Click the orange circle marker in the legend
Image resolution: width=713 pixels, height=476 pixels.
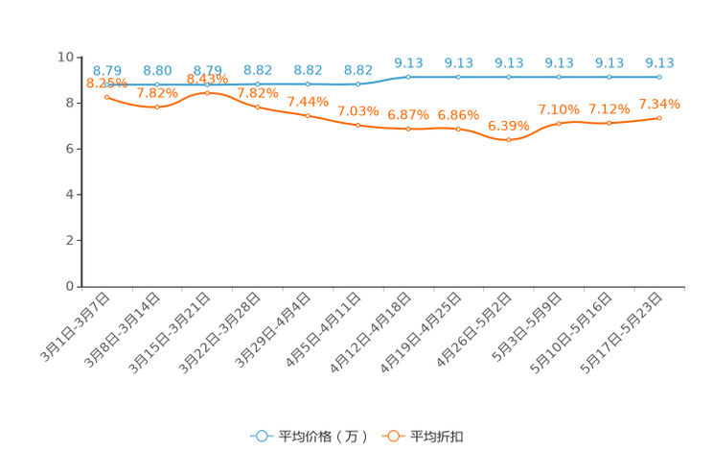tap(393, 436)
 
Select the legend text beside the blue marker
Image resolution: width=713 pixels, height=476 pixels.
tap(323, 437)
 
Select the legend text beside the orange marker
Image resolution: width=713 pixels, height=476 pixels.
tap(438, 437)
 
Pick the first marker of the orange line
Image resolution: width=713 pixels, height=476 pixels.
tap(107, 96)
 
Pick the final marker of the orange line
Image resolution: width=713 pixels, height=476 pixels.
tap(659, 117)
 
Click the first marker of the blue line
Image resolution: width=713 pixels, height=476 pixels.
tap(107, 84)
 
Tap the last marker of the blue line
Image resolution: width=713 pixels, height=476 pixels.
tap(659, 77)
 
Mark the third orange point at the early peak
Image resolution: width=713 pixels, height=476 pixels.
tap(207, 92)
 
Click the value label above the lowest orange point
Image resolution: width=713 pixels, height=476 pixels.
tap(508, 126)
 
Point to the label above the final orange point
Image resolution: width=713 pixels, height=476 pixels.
tap(659, 103)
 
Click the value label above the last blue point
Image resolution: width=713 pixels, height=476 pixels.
tap(659, 62)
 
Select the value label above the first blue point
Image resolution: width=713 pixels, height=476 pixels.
tap(107, 69)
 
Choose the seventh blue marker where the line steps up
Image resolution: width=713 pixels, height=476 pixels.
tap(408, 77)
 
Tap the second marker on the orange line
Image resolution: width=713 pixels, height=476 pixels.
tap(157, 107)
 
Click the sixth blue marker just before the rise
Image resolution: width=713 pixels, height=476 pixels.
tap(358, 84)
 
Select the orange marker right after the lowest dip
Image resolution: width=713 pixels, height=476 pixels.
tap(559, 124)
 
